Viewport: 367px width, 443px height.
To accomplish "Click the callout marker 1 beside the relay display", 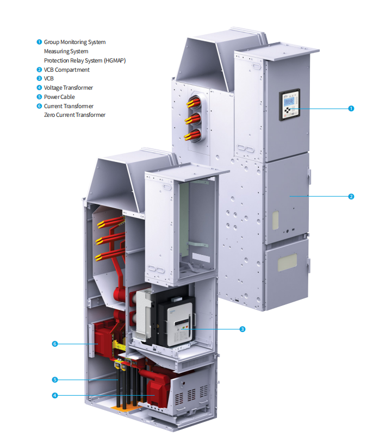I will point(351,108).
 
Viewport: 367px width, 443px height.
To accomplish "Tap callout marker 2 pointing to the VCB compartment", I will point(351,196).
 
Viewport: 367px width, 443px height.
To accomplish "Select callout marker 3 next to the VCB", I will point(242,329).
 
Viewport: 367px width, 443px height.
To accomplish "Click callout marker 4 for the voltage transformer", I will point(54,396).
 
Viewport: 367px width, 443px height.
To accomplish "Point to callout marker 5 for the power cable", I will point(54,379).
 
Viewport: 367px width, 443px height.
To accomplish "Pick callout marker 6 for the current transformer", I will point(54,344).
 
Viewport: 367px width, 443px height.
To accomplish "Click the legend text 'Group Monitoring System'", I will point(74,42).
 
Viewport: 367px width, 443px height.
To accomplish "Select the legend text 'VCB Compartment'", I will point(66,70).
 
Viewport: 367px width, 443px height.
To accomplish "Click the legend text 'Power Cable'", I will point(59,97).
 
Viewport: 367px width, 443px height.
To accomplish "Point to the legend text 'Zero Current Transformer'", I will point(74,115).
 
